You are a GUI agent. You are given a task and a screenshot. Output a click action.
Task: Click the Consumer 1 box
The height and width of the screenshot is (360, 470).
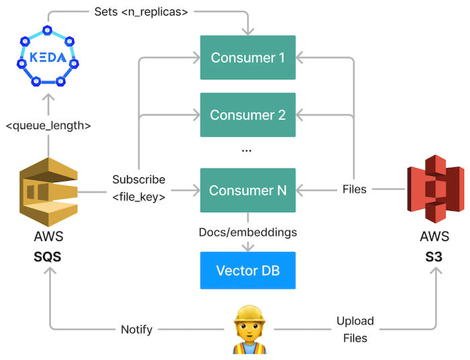(x=248, y=58)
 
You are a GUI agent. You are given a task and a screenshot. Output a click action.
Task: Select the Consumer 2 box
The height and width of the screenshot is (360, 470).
(x=248, y=115)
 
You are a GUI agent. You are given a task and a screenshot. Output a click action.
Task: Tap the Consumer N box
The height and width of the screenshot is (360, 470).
(x=248, y=190)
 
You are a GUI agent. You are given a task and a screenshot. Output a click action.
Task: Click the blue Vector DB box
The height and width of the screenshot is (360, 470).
(x=248, y=271)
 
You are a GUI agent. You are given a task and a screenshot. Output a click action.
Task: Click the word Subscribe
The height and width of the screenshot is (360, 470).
(x=139, y=179)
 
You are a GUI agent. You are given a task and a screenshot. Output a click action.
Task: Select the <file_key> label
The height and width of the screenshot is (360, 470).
(x=139, y=197)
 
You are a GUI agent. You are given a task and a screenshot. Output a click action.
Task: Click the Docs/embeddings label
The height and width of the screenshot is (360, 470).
(x=248, y=232)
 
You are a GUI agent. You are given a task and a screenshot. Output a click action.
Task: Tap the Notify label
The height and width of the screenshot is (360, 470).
(x=136, y=330)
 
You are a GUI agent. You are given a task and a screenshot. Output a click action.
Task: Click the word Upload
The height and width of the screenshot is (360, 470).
(x=355, y=321)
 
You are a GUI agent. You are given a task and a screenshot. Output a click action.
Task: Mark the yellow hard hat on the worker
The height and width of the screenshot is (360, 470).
(x=249, y=313)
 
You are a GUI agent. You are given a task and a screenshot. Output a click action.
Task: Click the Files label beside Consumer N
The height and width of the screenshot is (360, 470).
(x=355, y=189)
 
